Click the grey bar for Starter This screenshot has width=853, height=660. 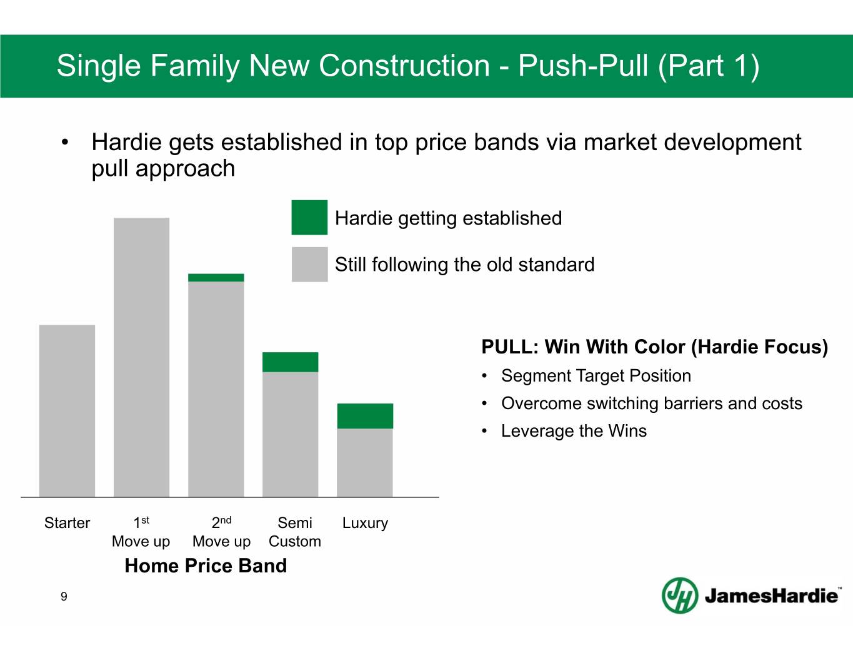click(x=67, y=410)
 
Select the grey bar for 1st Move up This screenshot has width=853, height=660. click(x=142, y=357)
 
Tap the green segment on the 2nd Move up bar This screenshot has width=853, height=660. click(x=216, y=278)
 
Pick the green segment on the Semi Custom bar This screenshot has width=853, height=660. click(x=291, y=362)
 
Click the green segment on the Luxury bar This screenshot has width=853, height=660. click(x=365, y=416)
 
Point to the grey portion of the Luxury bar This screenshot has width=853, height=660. click(x=365, y=462)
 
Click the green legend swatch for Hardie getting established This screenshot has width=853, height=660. click(x=309, y=218)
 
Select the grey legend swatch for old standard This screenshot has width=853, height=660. click(x=310, y=265)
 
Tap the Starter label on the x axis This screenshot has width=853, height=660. click(x=67, y=523)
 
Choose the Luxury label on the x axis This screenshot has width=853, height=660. click(x=365, y=523)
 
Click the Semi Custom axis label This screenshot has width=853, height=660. click(x=295, y=532)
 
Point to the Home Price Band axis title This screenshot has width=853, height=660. click(x=206, y=566)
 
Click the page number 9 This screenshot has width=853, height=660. click(x=64, y=597)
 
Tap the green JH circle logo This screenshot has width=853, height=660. click(x=680, y=596)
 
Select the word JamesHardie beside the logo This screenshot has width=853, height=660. click(x=771, y=596)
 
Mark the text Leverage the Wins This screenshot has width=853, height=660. click(x=574, y=431)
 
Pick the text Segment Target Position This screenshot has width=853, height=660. click(x=596, y=376)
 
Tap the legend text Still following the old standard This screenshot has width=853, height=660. click(x=465, y=265)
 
